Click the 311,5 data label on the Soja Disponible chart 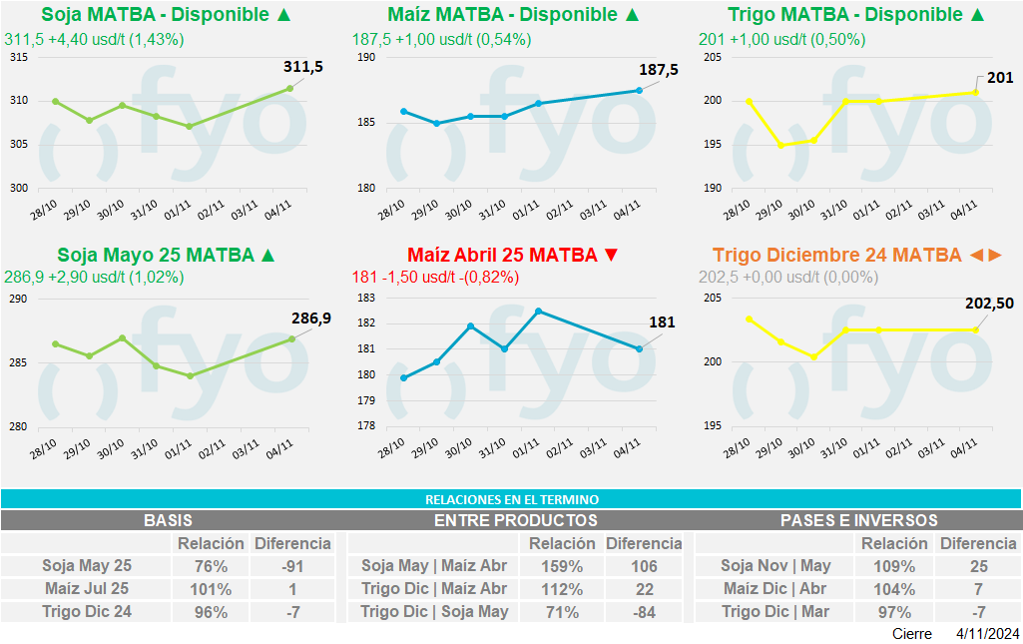[x=303, y=67]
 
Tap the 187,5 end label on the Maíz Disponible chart [x=659, y=70]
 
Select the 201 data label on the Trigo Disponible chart [x=999, y=78]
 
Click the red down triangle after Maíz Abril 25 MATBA [x=612, y=255]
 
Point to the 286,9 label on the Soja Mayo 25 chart [x=311, y=319]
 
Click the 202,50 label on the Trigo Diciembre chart [x=991, y=304]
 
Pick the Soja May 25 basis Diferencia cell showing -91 [x=292, y=566]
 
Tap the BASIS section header [x=168, y=520]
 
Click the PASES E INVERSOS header [x=858, y=520]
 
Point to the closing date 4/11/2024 [x=987, y=634]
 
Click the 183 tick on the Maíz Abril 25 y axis [x=364, y=298]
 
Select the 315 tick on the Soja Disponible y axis [x=19, y=57]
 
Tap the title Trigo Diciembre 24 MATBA [x=836, y=255]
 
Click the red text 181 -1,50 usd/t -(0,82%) [x=435, y=278]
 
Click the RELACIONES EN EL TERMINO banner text [x=511, y=499]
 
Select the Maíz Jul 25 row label [x=87, y=589]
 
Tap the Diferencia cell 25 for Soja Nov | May [x=978, y=566]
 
